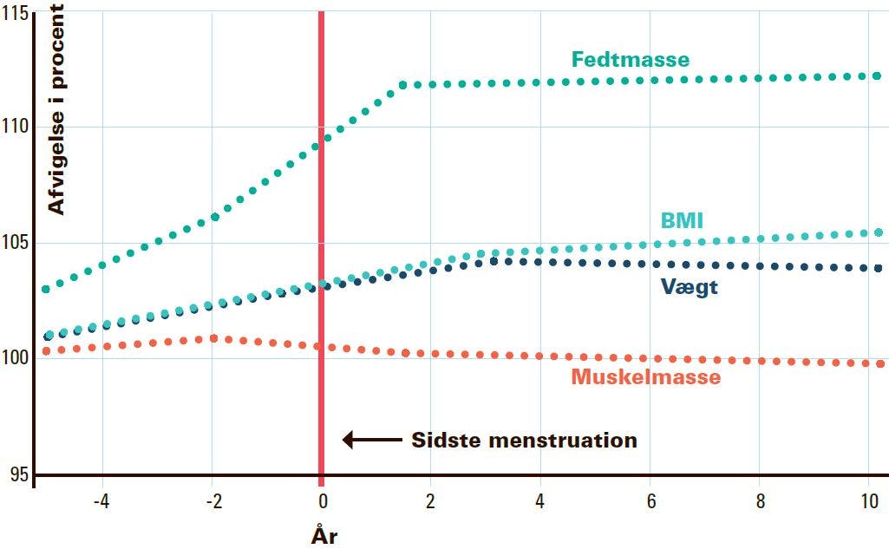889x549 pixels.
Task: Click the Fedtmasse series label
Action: (x=630, y=60)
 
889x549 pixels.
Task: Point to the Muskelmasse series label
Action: (x=645, y=377)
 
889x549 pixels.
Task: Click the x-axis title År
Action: (x=324, y=536)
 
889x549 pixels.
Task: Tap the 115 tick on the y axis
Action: (x=14, y=12)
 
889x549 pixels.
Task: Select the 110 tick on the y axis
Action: (x=14, y=126)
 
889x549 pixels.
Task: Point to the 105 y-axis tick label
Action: (x=14, y=242)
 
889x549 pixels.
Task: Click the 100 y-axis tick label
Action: (x=14, y=357)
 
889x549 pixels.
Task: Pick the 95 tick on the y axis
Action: (x=18, y=474)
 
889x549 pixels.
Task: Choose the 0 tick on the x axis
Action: (x=322, y=501)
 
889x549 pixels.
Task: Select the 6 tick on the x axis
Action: (x=650, y=501)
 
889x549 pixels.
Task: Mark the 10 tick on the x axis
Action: (x=868, y=501)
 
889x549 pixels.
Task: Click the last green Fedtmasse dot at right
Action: (x=878, y=76)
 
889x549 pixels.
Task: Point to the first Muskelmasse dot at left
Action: (x=46, y=351)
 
